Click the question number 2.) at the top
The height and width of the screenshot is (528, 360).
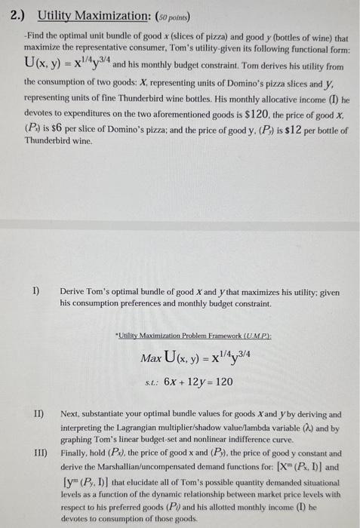[x=18, y=14]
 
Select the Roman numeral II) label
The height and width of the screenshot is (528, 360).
[x=36, y=414]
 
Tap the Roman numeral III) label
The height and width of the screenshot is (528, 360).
[x=38, y=456]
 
